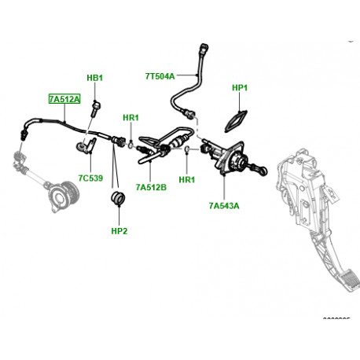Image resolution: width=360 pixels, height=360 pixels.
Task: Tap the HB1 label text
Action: [94, 79]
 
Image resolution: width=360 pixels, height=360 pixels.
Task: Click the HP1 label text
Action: [240, 88]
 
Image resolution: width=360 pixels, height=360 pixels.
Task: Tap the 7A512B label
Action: [149, 187]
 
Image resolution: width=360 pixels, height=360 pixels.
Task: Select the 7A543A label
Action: [224, 206]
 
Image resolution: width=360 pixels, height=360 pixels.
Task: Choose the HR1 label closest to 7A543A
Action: [186, 179]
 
